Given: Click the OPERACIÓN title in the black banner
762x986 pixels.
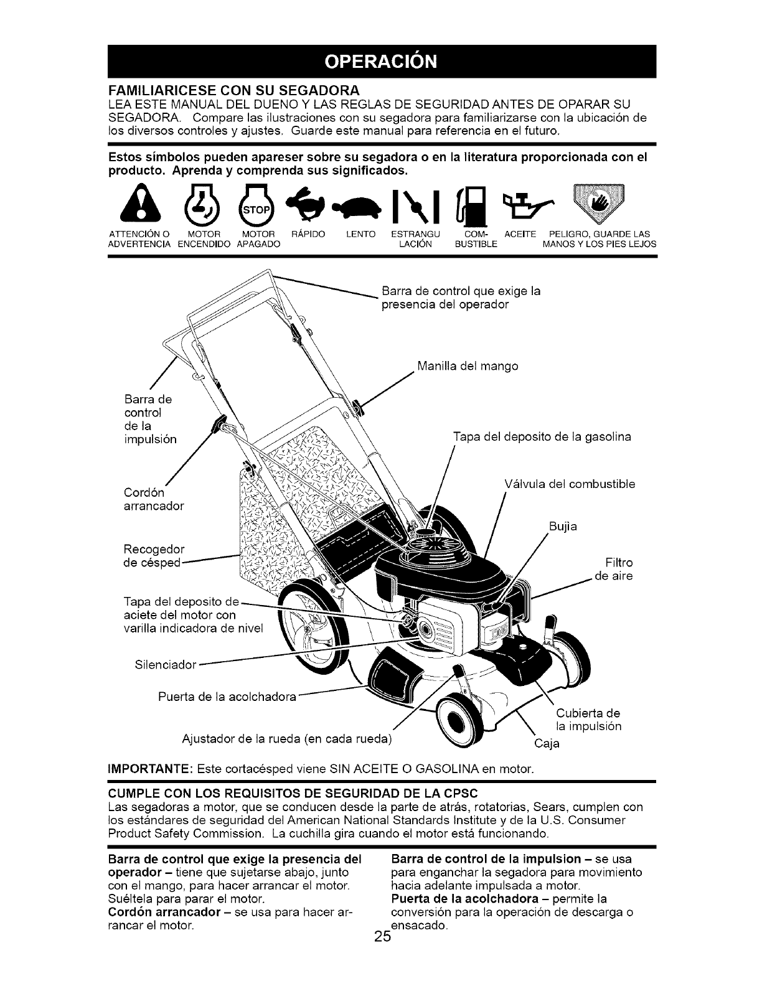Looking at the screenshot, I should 381,62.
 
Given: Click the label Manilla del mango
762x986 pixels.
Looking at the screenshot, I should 468,366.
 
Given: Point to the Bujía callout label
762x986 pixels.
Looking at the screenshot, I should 563,527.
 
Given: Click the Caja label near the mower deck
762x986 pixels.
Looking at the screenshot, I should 547,743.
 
